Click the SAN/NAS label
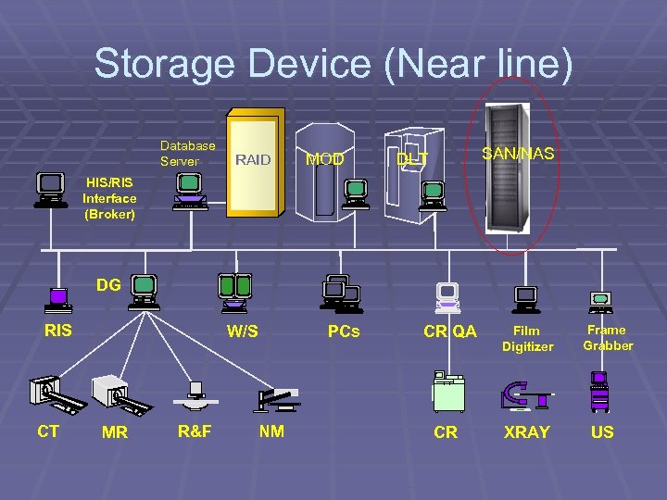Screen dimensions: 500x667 (x=518, y=153)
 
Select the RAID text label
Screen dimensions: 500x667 (x=252, y=160)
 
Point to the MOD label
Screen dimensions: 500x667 (x=325, y=160)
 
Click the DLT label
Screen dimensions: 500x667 (x=412, y=159)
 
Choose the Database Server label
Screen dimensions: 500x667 (x=187, y=153)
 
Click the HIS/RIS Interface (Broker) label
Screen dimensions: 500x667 (x=109, y=198)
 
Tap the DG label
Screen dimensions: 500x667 (x=108, y=285)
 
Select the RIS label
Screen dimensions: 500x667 (x=57, y=330)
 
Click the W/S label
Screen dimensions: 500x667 (x=243, y=331)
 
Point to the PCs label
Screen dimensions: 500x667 (x=343, y=331)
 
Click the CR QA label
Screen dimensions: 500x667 (x=449, y=331)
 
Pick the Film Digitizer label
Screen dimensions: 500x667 (x=527, y=338)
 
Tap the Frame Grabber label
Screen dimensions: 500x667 (x=608, y=338)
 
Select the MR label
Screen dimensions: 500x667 (x=116, y=432)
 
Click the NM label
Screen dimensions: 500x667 (x=271, y=431)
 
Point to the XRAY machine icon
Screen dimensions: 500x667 (x=525, y=394)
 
